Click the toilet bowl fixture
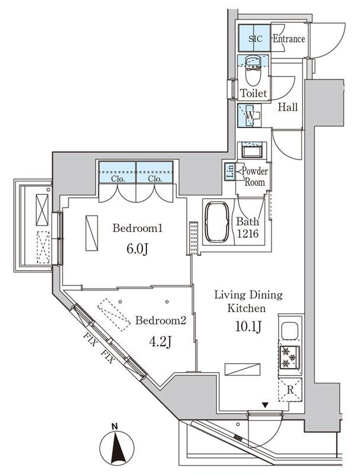coord(253,72)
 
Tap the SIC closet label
coord(256,39)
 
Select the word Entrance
coord(289,39)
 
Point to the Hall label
coord(288,107)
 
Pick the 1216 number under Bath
coord(247,233)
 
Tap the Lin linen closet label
coord(230,172)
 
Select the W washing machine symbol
coord(250,115)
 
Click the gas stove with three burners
coord(289,358)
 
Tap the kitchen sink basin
coord(289,331)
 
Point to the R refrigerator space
coord(290,389)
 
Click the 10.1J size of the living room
coord(248,327)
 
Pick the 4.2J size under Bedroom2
coord(160,342)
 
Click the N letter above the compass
coord(114,427)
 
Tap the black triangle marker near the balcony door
coord(265,405)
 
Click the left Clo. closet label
coord(118,179)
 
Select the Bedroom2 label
coord(160,320)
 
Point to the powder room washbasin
coord(251,150)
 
